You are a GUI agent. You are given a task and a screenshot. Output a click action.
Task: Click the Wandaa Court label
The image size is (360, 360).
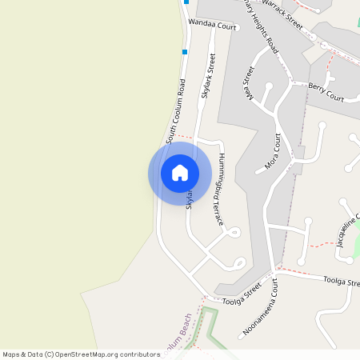(x=213, y=26)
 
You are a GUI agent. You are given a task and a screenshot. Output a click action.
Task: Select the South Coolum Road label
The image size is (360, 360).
(x=176, y=111)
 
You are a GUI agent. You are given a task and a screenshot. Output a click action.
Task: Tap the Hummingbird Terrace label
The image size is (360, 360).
(x=218, y=189)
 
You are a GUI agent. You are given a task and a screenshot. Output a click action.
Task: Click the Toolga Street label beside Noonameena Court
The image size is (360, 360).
(x=242, y=291)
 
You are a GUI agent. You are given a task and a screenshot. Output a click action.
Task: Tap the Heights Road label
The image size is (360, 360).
(x=260, y=28)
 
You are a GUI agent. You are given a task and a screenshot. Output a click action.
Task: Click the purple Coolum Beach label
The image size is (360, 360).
(x=184, y=334)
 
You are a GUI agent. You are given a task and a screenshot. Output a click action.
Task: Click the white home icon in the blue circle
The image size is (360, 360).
(x=180, y=173)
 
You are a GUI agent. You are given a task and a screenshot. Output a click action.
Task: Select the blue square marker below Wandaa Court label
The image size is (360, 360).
(x=184, y=52)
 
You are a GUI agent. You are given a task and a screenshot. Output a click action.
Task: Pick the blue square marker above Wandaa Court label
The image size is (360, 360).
(x=186, y=2)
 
